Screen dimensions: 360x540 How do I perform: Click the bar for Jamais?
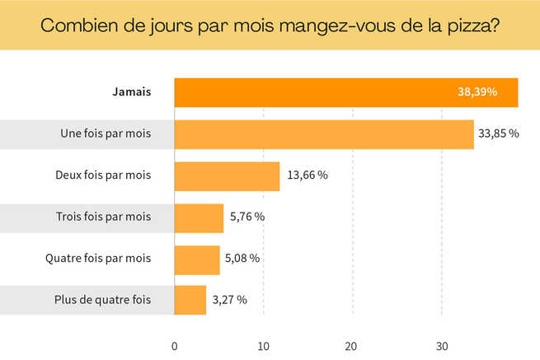click(313, 92)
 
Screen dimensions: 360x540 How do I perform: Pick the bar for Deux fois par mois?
click(227, 175)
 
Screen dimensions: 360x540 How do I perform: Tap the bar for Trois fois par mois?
click(199, 217)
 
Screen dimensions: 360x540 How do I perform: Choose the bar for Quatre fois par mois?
click(197, 259)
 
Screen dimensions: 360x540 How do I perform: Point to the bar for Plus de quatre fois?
click(190, 300)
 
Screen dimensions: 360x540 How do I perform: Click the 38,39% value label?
click(477, 92)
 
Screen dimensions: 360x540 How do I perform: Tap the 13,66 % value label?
click(308, 175)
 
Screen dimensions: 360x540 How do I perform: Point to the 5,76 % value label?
click(247, 217)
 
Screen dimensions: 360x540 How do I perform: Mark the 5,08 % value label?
click(243, 259)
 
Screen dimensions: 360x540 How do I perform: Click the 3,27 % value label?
click(230, 300)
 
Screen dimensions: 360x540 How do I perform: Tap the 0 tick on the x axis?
click(175, 344)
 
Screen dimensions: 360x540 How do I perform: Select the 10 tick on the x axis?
click(263, 344)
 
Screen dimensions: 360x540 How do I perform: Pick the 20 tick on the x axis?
click(352, 344)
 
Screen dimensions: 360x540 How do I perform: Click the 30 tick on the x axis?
click(442, 344)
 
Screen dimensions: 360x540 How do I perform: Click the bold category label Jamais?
click(132, 92)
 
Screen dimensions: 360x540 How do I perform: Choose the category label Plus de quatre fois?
click(107, 300)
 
